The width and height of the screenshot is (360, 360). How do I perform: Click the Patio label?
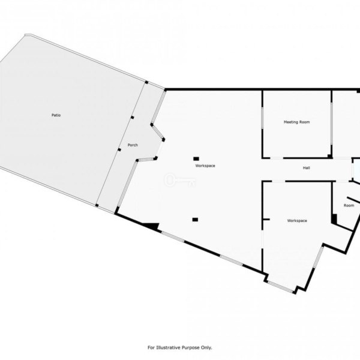click(56, 115)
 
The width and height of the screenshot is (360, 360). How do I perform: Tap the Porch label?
click(133, 145)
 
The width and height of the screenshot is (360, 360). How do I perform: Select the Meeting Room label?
click(296, 122)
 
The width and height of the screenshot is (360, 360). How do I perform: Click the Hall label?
click(306, 168)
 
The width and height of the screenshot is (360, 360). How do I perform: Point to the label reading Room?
click(349, 205)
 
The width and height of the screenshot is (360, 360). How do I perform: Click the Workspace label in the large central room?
click(205, 166)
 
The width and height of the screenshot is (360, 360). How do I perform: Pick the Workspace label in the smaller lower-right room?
click(297, 221)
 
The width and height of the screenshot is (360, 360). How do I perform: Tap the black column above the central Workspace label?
click(196, 158)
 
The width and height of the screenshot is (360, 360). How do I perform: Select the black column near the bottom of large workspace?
click(195, 220)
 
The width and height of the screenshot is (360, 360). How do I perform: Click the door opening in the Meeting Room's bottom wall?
click(277, 158)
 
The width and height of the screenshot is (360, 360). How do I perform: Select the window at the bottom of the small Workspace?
click(280, 287)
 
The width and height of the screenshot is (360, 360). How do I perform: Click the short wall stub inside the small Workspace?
click(266, 220)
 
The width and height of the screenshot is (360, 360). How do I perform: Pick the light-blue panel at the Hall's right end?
click(356, 170)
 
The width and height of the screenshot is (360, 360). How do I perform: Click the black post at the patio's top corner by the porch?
click(146, 82)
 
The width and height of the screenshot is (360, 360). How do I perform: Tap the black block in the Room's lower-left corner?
click(334, 218)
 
